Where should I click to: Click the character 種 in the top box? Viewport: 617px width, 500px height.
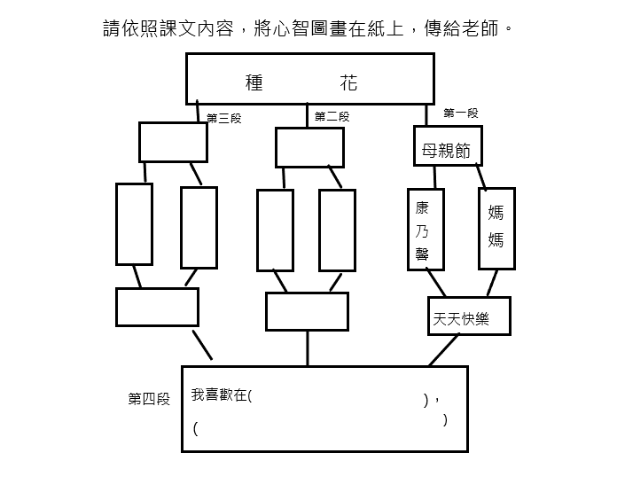[254, 82]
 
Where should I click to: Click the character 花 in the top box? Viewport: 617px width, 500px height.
[348, 82]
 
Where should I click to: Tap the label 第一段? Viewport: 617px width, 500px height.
[461, 113]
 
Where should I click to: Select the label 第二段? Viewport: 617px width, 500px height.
[332, 116]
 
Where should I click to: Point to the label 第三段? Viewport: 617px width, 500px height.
[224, 118]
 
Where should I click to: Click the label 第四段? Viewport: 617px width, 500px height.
[149, 399]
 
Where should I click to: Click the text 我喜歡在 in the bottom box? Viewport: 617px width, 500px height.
[220, 395]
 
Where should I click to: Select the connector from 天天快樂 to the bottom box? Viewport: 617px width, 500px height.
[444, 350]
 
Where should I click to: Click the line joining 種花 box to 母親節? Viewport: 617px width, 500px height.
[426, 115]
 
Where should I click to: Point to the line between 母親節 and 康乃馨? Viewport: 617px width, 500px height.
[434, 177]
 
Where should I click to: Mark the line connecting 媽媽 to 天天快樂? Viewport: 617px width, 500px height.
[492, 283]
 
